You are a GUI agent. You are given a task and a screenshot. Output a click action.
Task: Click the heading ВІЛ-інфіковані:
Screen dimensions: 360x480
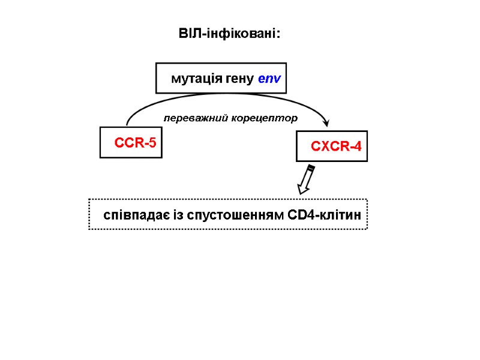[x=229, y=34]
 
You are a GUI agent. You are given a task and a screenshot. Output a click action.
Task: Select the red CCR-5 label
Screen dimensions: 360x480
[x=135, y=143]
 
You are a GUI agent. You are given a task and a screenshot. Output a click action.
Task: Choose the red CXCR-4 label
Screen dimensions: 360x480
[x=336, y=146]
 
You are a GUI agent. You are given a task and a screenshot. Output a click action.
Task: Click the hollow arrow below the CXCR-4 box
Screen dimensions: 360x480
[x=306, y=179]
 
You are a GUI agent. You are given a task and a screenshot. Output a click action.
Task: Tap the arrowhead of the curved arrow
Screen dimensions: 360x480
[x=326, y=123]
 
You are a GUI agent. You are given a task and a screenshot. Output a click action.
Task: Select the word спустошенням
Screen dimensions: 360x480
[x=236, y=215]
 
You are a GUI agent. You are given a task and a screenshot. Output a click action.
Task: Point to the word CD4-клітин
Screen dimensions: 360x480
[x=325, y=215]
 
